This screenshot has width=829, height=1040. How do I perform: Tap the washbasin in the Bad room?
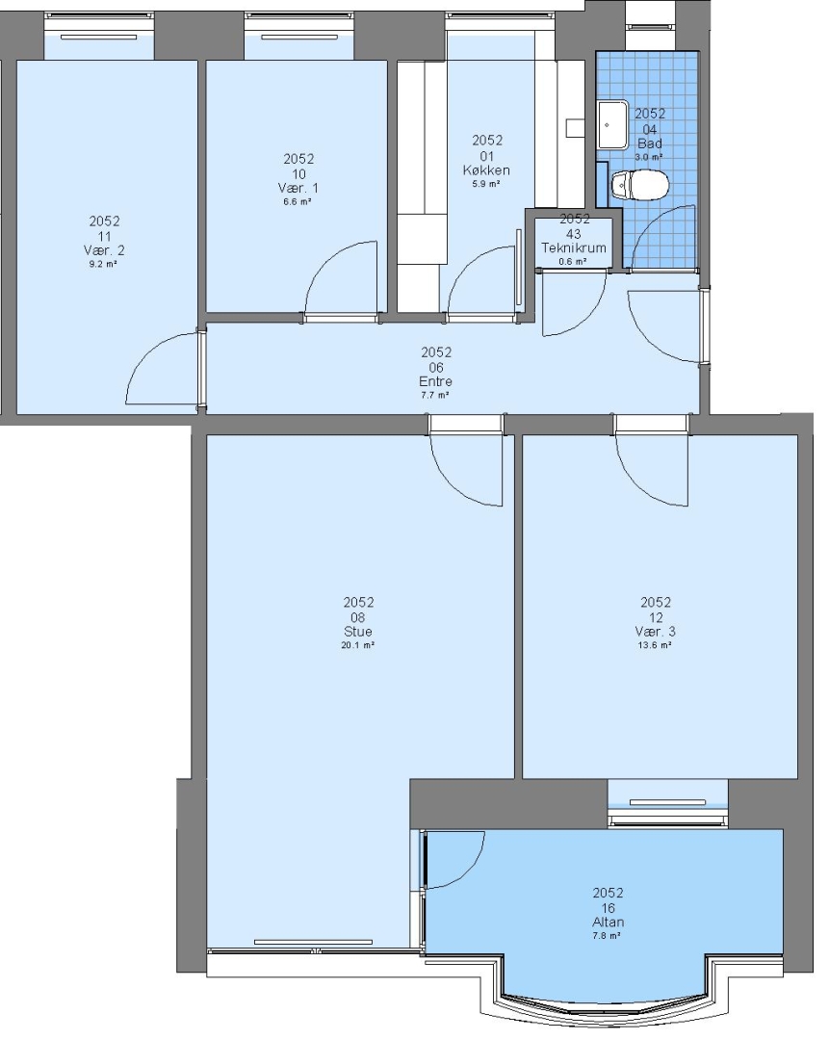point(612,124)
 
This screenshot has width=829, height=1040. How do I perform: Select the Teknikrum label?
point(574,248)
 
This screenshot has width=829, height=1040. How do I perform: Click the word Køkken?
point(486,169)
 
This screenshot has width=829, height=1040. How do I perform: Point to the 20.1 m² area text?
point(358,644)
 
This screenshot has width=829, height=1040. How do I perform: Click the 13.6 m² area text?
point(656,644)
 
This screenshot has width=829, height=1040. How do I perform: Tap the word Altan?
point(609,922)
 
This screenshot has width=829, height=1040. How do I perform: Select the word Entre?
point(436,381)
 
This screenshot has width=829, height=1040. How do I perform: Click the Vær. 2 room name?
point(104,250)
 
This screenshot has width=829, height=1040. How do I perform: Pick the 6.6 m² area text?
point(298,201)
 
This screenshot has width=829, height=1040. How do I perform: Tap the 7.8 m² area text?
point(607,936)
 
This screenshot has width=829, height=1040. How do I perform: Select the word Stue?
point(358,632)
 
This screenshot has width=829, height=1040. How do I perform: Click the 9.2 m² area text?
point(103,264)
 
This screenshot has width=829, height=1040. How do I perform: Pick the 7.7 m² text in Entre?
point(434,396)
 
